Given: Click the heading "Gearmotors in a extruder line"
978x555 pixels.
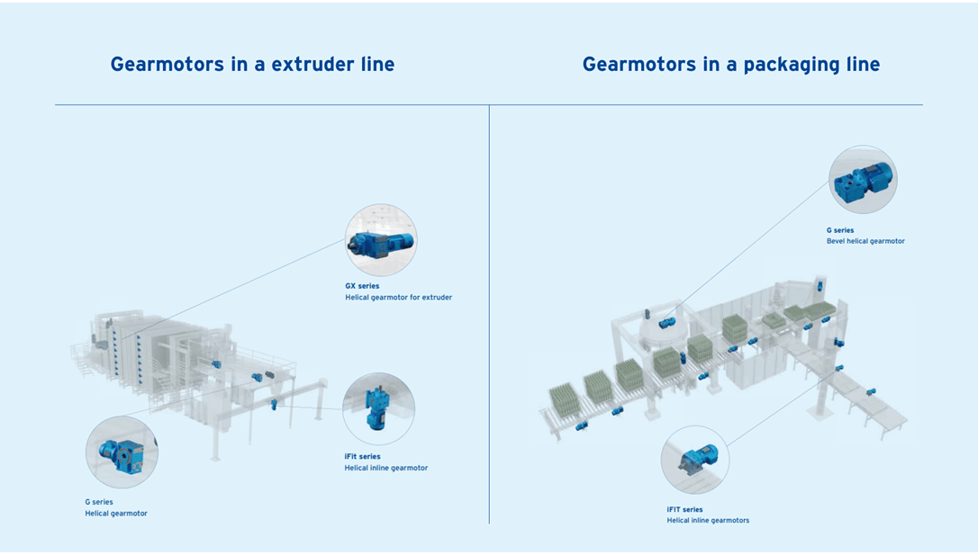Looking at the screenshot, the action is [x=252, y=64].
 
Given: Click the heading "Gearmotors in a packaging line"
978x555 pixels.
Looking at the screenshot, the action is [x=731, y=65].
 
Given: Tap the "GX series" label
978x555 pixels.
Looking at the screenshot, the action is [x=362, y=286].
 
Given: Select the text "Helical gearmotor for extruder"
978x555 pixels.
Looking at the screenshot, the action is [x=399, y=297].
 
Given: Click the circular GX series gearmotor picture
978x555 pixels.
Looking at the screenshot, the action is [x=381, y=240].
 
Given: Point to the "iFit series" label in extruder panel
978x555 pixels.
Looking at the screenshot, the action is [x=362, y=456].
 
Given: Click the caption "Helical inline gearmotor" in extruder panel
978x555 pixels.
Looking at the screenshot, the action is [x=386, y=468].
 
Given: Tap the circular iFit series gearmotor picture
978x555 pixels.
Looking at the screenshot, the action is [x=378, y=408].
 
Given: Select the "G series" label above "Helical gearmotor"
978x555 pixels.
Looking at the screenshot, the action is [x=99, y=501].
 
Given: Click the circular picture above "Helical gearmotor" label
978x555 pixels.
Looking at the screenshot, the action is [x=122, y=452].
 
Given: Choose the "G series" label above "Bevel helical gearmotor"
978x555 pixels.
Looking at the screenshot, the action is [x=840, y=230].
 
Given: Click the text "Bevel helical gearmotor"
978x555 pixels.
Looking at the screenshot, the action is [x=865, y=241].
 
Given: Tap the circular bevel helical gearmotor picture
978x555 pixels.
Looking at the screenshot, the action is [x=864, y=179].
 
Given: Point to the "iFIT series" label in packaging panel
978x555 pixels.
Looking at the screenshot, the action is [x=684, y=509].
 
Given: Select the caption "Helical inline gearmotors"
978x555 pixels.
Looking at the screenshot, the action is [x=708, y=520].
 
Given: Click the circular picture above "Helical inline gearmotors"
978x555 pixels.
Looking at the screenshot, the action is [x=695, y=460].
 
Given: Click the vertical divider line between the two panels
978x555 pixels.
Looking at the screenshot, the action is [x=489, y=314].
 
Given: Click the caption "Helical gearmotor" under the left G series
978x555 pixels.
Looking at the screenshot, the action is [x=116, y=514].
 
